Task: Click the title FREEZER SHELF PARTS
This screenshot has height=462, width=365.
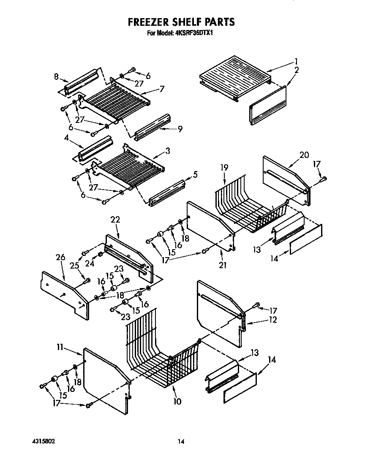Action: pos(181,22)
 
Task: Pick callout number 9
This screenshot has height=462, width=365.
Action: pos(180,129)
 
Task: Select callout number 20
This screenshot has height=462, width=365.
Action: pos(304,155)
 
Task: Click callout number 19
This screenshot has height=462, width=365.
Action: pos(224,168)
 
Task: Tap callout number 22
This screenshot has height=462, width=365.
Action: pos(115,220)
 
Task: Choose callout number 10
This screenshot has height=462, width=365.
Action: pos(177,401)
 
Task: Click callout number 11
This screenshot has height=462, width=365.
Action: pos(60,347)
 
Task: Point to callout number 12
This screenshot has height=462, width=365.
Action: pos(272,320)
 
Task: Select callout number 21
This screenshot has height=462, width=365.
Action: pos(223,265)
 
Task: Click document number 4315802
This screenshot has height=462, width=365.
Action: pos(43,441)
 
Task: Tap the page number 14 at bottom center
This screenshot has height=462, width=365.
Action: pos(181,442)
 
